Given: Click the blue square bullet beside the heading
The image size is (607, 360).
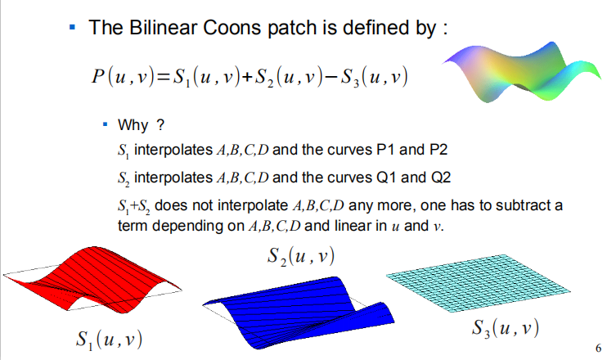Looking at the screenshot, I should [x=72, y=28].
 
